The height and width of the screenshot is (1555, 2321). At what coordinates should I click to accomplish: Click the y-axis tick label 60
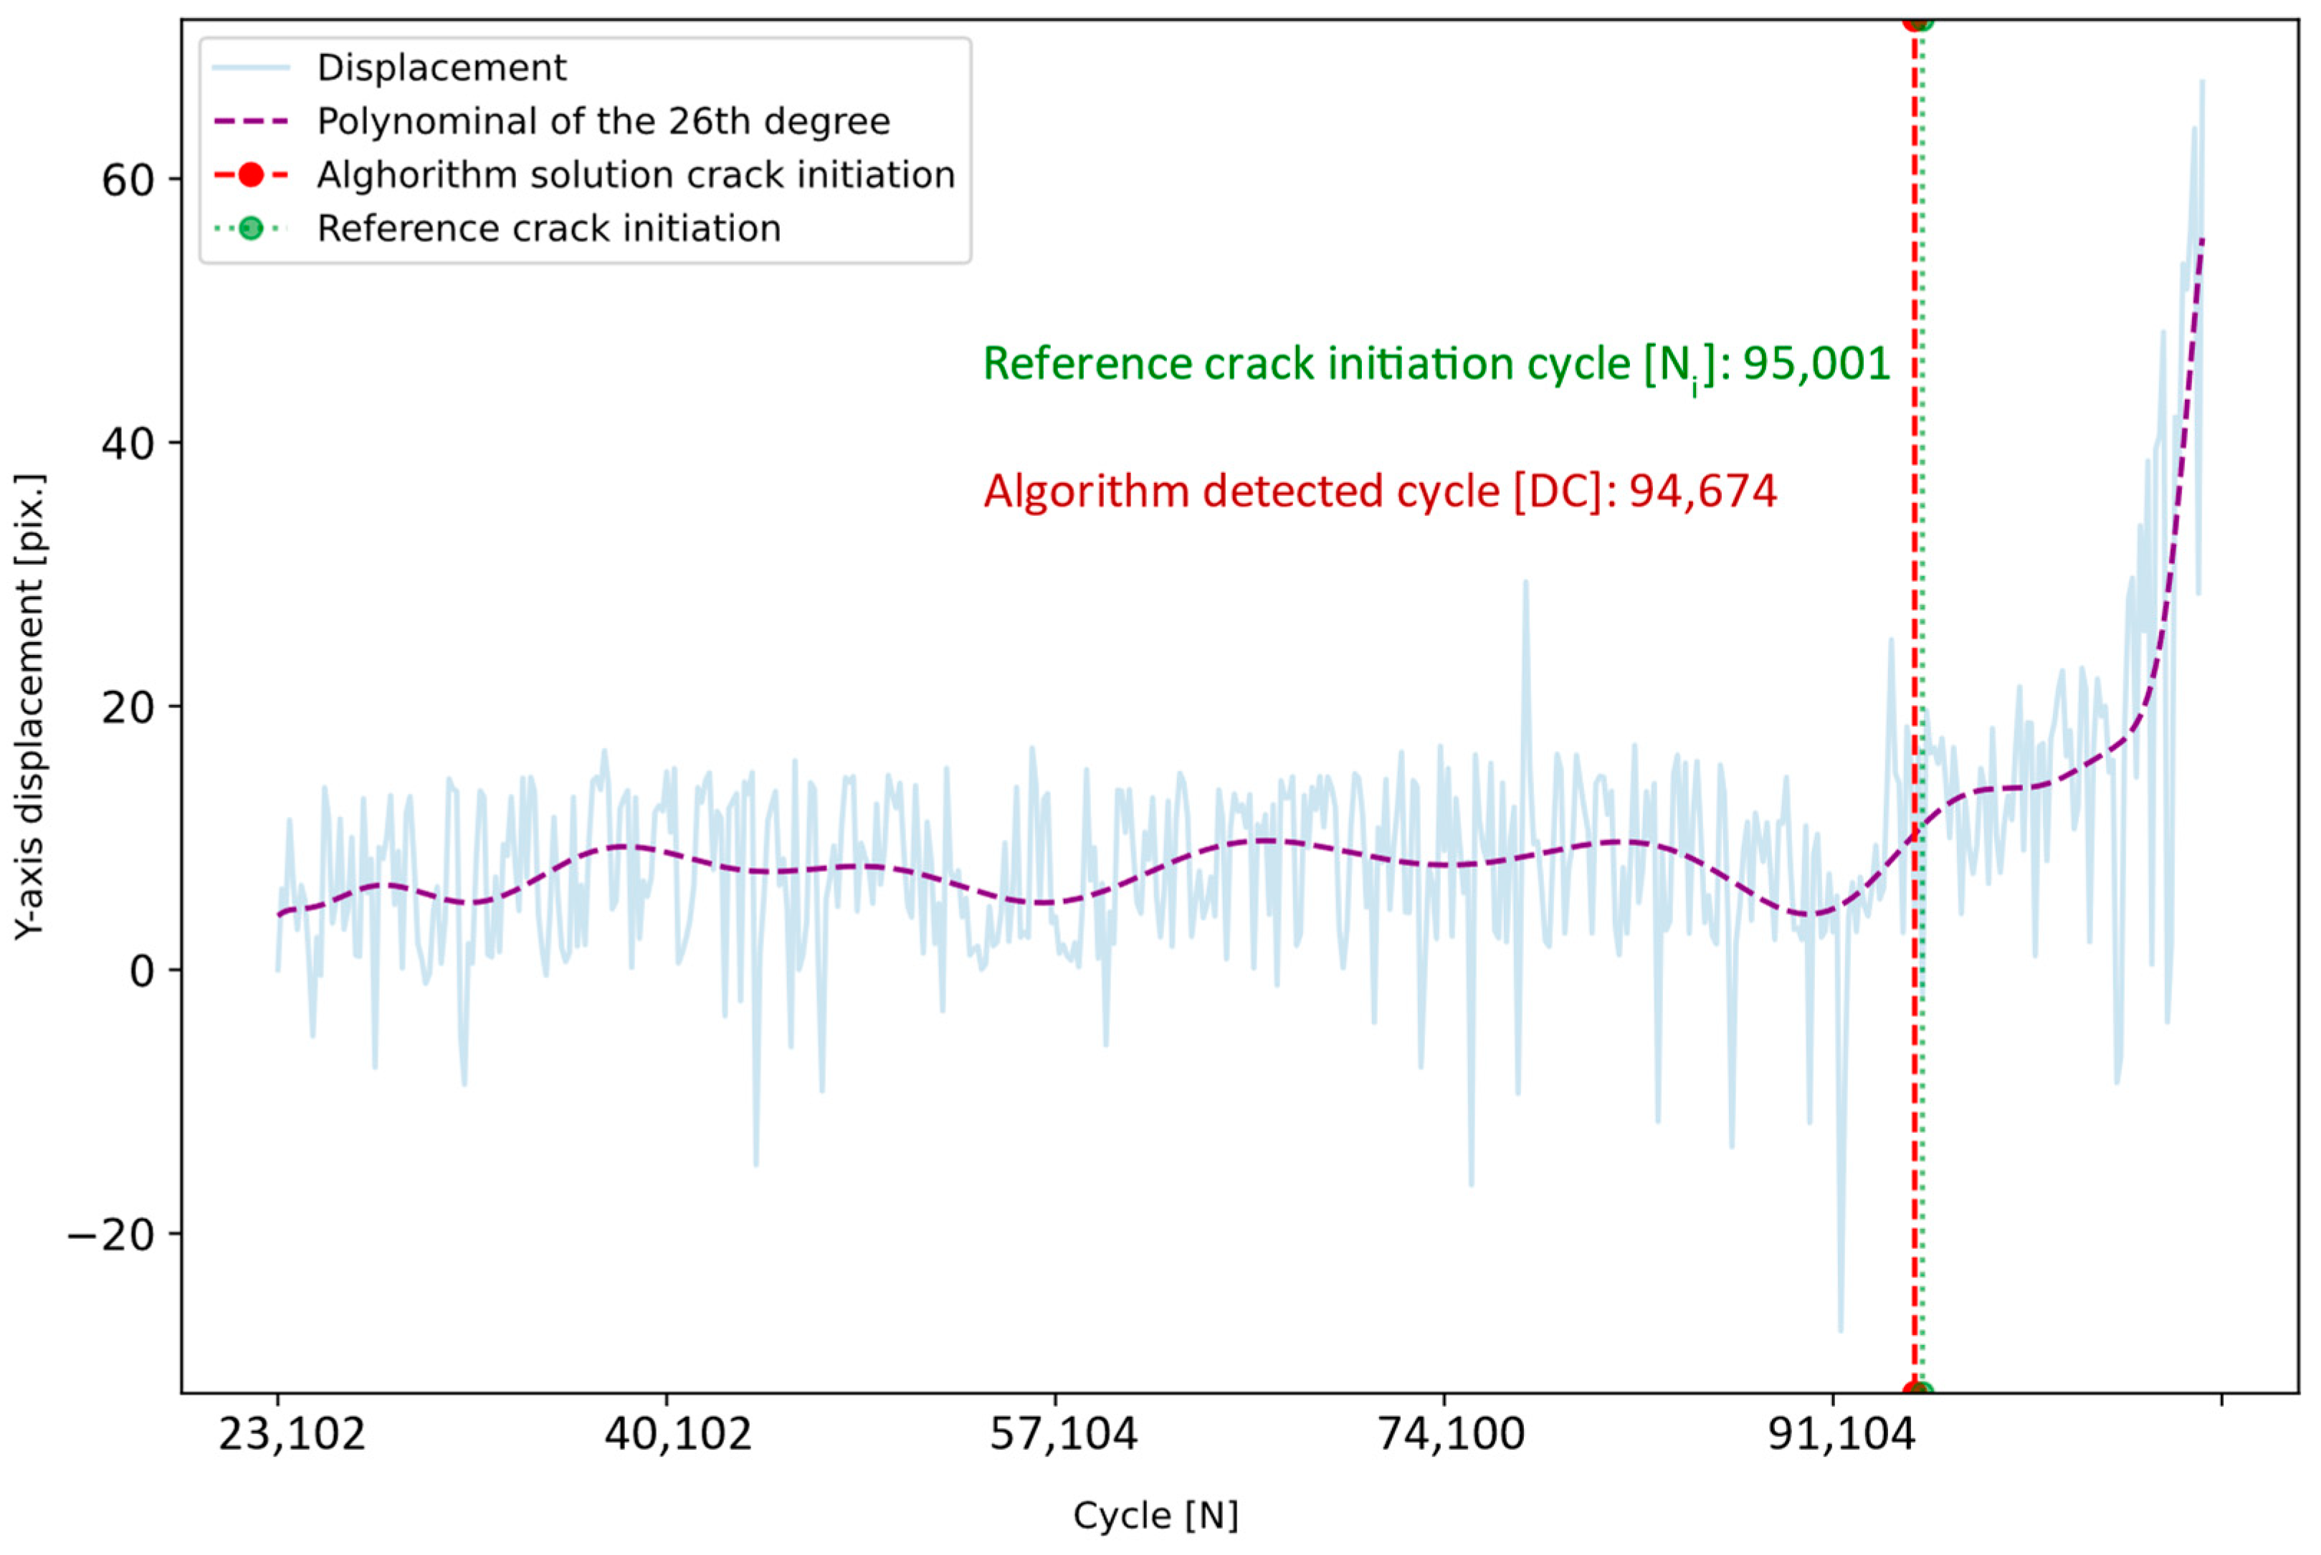pyautogui.click(x=128, y=181)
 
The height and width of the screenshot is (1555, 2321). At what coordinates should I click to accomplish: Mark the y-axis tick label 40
pyautogui.click(x=128, y=444)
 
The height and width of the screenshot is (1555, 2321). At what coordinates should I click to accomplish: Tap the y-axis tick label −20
pyautogui.click(x=111, y=1235)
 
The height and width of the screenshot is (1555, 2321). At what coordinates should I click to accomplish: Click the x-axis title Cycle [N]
pyautogui.click(x=1155, y=1516)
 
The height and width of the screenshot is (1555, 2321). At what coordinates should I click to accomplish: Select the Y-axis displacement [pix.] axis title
pyautogui.click(x=30, y=706)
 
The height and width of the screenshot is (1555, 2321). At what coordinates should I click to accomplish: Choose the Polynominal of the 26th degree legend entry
pyautogui.click(x=602, y=122)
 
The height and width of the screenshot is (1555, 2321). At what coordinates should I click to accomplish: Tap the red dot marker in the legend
pyautogui.click(x=251, y=176)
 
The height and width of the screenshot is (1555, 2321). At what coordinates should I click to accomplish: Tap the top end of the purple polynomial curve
pyautogui.click(x=2202, y=241)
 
